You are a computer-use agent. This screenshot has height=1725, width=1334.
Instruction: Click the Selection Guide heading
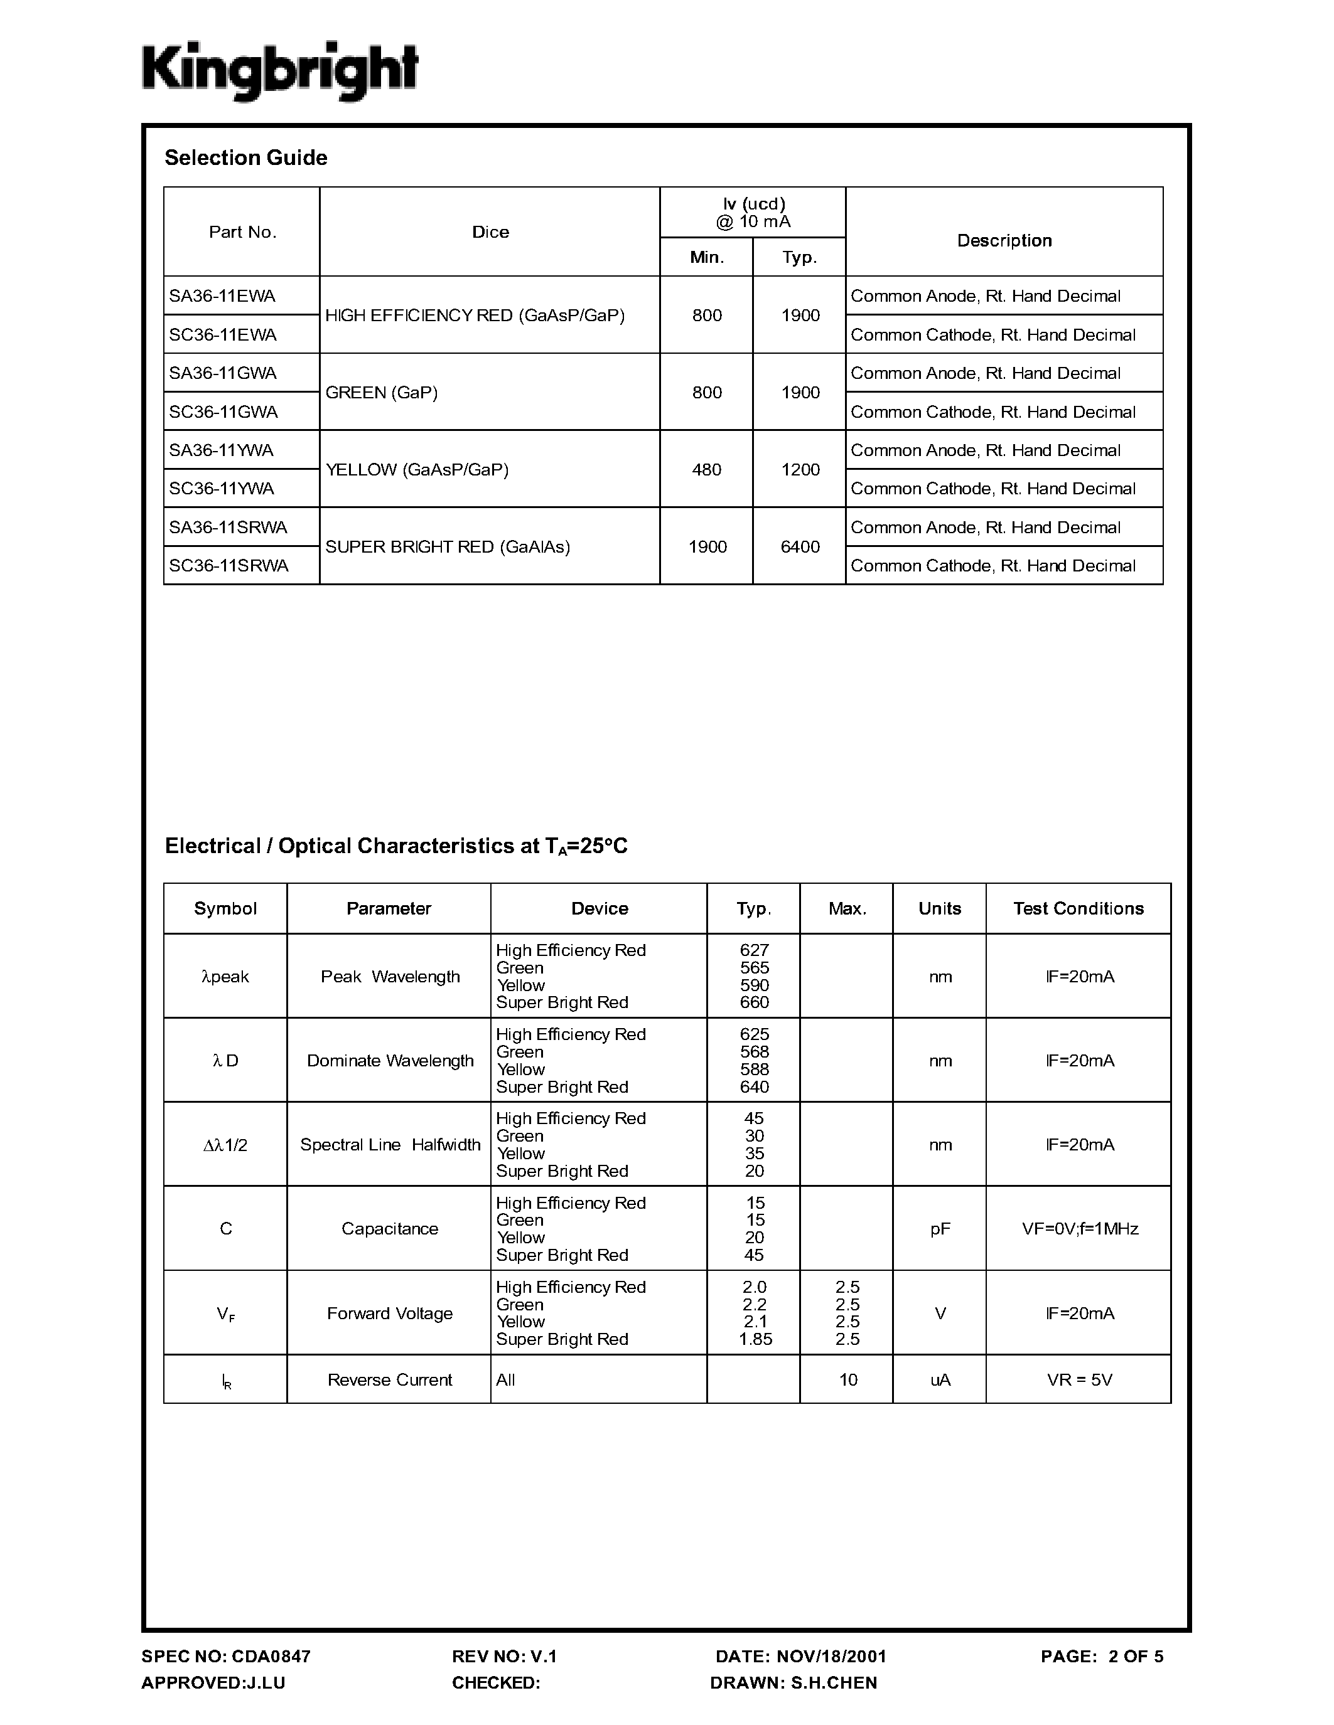(x=246, y=158)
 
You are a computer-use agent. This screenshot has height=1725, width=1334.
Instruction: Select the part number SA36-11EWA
(x=222, y=296)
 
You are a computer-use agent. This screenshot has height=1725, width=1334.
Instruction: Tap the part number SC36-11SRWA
(x=229, y=566)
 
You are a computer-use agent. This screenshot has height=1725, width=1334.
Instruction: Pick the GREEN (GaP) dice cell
(x=382, y=393)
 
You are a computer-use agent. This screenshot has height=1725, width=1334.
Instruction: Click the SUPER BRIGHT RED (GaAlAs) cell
(x=448, y=546)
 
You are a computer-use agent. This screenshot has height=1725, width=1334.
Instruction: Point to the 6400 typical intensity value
(x=800, y=546)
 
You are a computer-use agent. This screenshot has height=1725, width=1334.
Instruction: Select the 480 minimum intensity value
(x=706, y=470)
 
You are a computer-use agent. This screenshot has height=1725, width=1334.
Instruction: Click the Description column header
(x=1004, y=240)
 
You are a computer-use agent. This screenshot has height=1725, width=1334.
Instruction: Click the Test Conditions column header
(x=1078, y=908)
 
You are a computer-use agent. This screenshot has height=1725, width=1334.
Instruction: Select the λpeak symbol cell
(x=225, y=977)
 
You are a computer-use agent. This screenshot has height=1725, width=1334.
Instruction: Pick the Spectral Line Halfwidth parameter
(x=390, y=1145)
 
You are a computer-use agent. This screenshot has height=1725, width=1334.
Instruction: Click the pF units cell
(x=940, y=1228)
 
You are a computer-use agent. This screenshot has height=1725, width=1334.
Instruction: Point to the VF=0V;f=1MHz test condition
(x=1080, y=1228)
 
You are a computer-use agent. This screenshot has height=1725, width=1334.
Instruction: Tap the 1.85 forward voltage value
(x=755, y=1340)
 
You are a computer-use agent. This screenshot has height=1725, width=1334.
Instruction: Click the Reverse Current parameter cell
(x=390, y=1380)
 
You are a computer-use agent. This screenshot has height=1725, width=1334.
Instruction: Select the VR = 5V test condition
(x=1080, y=1380)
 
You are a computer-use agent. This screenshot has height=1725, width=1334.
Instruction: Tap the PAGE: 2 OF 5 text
(x=1102, y=1656)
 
